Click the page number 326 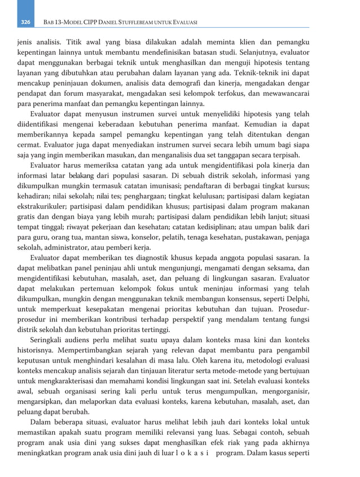click(25, 23)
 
